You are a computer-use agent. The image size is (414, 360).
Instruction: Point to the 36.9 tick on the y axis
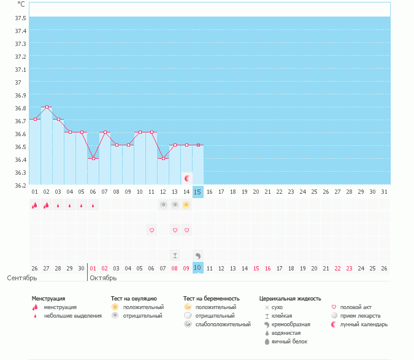pyautogui.click(x=20, y=95)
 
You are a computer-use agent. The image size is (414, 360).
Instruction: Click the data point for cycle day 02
pyautogui.click(x=47, y=107)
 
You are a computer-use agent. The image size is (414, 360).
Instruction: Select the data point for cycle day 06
pyautogui.click(x=93, y=158)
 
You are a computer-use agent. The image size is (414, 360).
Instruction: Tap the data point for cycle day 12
pyautogui.click(x=163, y=158)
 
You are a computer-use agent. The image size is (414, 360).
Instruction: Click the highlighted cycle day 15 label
pyautogui.click(x=197, y=192)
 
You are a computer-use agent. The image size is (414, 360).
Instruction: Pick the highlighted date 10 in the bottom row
pyautogui.click(x=197, y=268)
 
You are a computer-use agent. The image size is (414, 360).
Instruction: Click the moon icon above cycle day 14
pyautogui.click(x=187, y=178)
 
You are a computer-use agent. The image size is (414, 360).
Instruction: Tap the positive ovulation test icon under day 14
pyautogui.click(x=186, y=205)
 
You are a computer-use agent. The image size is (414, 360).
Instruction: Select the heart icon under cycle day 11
pyautogui.click(x=151, y=230)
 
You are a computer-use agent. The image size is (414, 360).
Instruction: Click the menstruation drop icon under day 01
pyautogui.click(x=35, y=205)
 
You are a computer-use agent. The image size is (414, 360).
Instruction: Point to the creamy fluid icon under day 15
pyautogui.click(x=197, y=255)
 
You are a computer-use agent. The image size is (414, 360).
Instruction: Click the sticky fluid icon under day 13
pyautogui.click(x=175, y=255)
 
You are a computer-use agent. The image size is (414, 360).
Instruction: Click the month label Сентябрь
pyautogui.click(x=22, y=278)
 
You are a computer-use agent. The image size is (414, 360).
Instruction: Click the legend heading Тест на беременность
pyautogui.click(x=211, y=298)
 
